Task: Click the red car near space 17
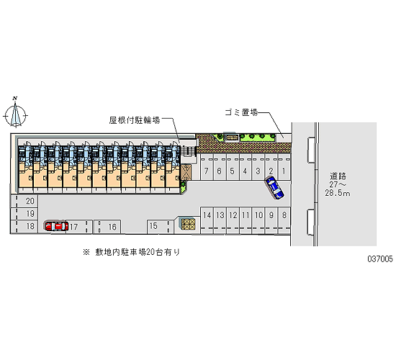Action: pyautogui.click(x=57, y=226)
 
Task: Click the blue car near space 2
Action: pyautogui.click(x=274, y=188)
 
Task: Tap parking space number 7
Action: pyautogui.click(x=207, y=167)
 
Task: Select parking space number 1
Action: pyautogui.click(x=284, y=167)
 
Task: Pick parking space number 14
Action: pyautogui.click(x=207, y=220)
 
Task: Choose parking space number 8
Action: pyautogui.click(x=284, y=220)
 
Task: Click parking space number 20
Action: pyautogui.click(x=24, y=201)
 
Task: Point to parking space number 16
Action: pyautogui.click(x=107, y=227)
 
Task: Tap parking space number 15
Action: pyautogui.click(x=160, y=226)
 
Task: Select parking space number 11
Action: pyautogui.click(x=246, y=220)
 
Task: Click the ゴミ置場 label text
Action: pyautogui.click(x=241, y=112)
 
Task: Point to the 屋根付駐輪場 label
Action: pyautogui.click(x=135, y=120)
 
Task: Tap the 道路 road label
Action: pyautogui.click(x=338, y=176)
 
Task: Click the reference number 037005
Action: pyautogui.click(x=380, y=258)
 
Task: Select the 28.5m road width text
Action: pyautogui.click(x=338, y=193)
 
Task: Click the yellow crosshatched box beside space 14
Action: pyautogui.click(x=188, y=225)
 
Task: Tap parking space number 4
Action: pyautogui.click(x=246, y=167)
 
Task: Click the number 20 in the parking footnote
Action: pyautogui.click(x=150, y=252)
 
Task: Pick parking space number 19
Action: pyautogui.click(x=24, y=214)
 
